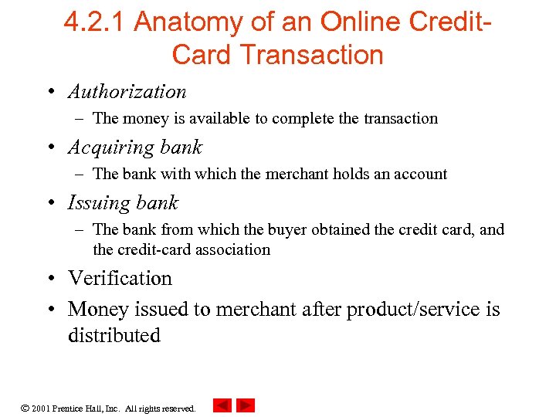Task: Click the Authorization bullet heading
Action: click(127, 91)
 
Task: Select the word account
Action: click(421, 174)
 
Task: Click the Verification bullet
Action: click(120, 278)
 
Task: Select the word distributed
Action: click(114, 335)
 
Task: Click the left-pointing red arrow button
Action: click(222, 405)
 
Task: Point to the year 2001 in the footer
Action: click(42, 408)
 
